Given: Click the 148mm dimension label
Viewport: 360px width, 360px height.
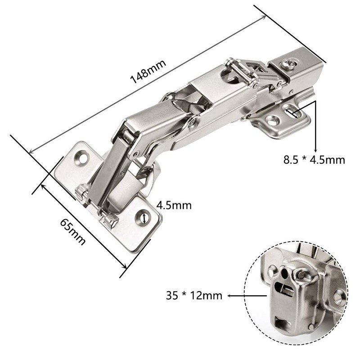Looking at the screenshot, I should pyautogui.click(x=148, y=71).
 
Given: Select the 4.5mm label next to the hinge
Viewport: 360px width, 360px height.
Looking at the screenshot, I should pyautogui.click(x=174, y=206).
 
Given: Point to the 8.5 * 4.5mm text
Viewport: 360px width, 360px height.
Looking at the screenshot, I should pyautogui.click(x=314, y=159).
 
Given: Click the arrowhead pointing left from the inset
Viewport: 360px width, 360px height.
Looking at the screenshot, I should pyautogui.click(x=230, y=296).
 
